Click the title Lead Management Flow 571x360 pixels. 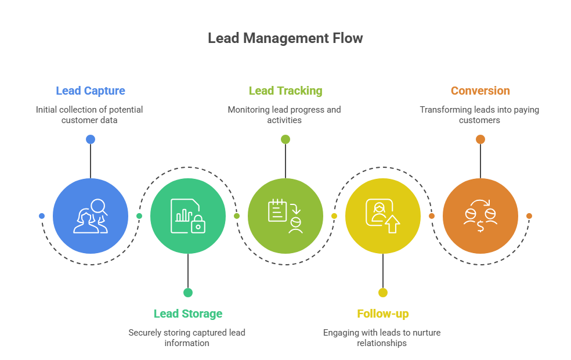coord(285,38)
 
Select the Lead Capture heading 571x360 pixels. coord(91,91)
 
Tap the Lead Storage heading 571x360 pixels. coord(187,314)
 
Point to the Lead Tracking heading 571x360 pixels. coord(285,91)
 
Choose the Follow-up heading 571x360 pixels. coord(382,314)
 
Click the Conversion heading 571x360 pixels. coord(480,91)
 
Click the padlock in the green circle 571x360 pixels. coord(198,225)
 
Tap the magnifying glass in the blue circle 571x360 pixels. coord(99,206)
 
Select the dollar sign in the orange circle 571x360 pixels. coord(480,227)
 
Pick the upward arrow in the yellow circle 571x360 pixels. coord(393,224)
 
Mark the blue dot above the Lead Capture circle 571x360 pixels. coord(91,139)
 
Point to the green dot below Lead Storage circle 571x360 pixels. coord(187,293)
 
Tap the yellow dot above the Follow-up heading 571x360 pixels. coord(382,293)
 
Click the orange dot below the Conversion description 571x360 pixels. coord(480,139)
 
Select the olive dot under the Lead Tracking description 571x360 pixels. coord(285,139)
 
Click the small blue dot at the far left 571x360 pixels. coord(42,216)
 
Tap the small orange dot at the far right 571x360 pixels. coord(529,216)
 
